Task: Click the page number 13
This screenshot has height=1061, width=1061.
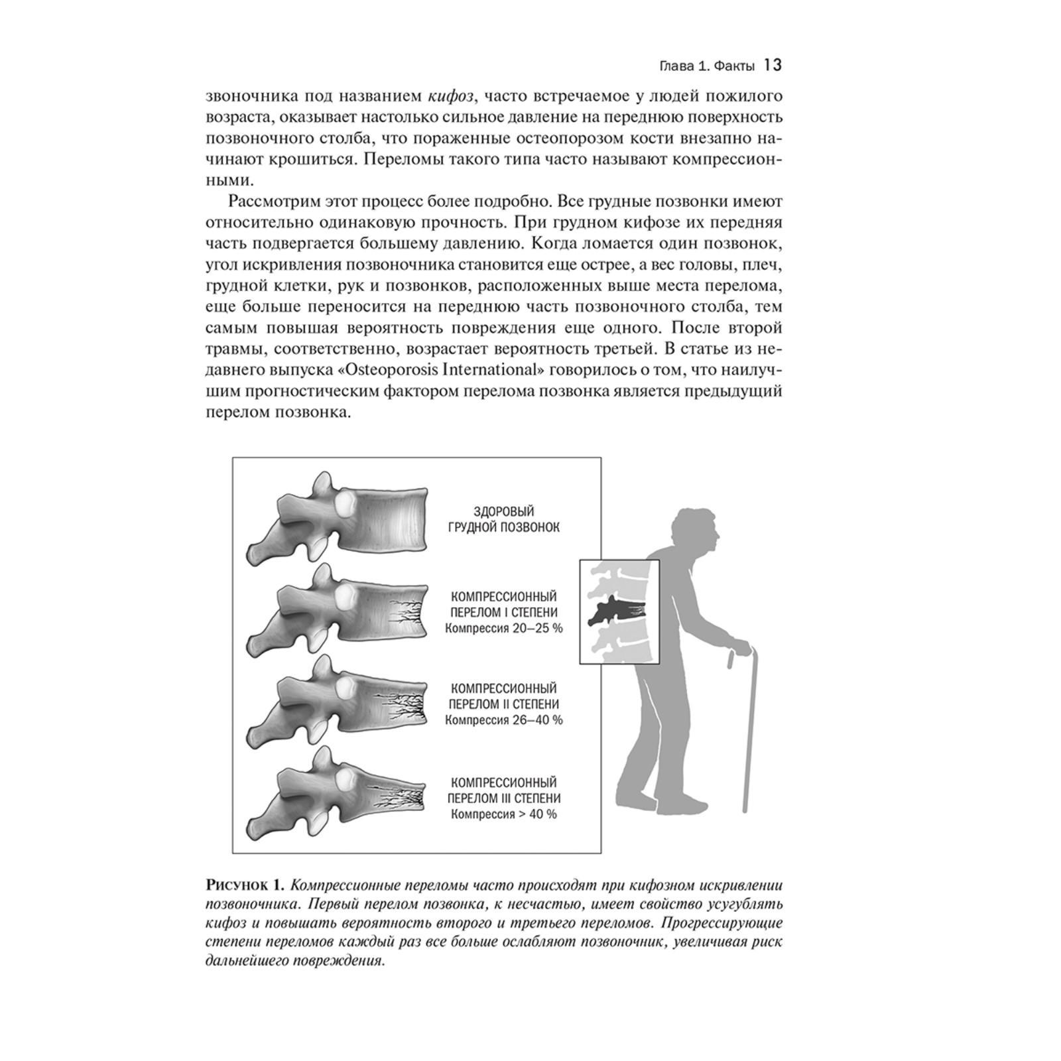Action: pyautogui.click(x=773, y=65)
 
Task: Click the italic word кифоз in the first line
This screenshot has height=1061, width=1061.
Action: pyautogui.click(x=450, y=96)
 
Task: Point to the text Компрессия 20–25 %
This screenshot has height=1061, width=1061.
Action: pyautogui.click(x=504, y=628)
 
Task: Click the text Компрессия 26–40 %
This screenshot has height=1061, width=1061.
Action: pyautogui.click(x=504, y=719)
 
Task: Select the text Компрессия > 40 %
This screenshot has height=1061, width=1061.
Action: pyautogui.click(x=504, y=814)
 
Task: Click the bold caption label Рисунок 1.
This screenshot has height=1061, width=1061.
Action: pyautogui.click(x=245, y=885)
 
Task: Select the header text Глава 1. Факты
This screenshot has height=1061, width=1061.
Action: pyautogui.click(x=706, y=66)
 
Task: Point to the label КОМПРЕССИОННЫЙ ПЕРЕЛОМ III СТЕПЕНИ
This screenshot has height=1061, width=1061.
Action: pyautogui.click(x=504, y=790)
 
